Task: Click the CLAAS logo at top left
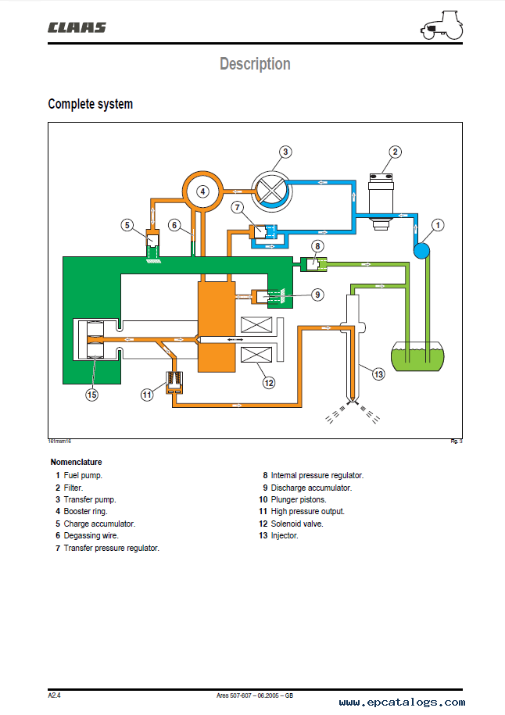click(x=77, y=28)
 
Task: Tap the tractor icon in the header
click(x=442, y=25)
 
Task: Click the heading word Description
click(x=255, y=64)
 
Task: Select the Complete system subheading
click(x=91, y=104)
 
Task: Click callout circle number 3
click(x=285, y=152)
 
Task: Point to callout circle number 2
click(x=395, y=152)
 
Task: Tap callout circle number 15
click(x=91, y=395)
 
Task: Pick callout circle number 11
click(x=147, y=395)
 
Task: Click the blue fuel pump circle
click(x=422, y=250)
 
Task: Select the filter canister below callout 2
click(x=381, y=201)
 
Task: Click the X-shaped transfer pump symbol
click(x=271, y=191)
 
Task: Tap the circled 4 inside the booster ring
click(x=203, y=191)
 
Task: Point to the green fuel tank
click(x=418, y=356)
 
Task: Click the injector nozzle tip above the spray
click(x=351, y=402)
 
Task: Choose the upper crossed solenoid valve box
click(x=256, y=325)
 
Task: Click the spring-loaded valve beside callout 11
click(x=174, y=382)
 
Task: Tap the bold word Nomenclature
click(x=76, y=462)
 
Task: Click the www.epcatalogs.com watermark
click(x=402, y=702)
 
